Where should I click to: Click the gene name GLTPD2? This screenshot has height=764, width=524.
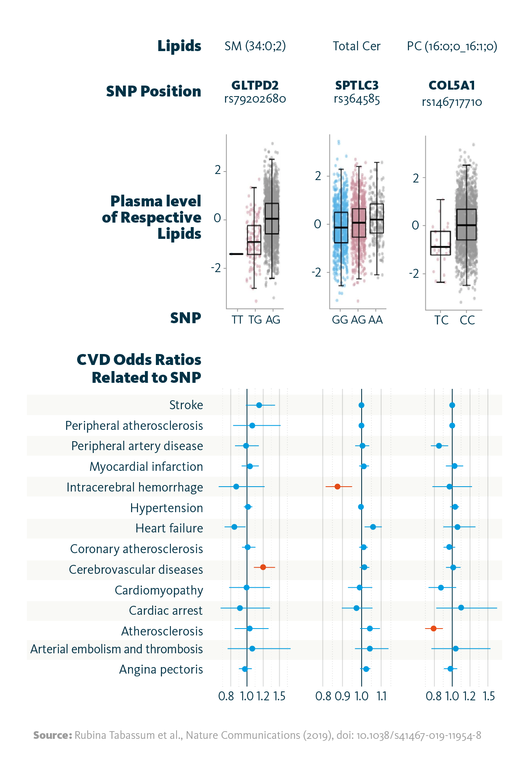(255, 86)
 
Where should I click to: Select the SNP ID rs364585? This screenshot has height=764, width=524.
(357, 99)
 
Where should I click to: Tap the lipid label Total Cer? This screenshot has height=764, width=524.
(356, 46)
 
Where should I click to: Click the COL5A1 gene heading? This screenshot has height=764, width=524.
(452, 86)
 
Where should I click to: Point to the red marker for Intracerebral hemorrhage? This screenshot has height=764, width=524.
(337, 486)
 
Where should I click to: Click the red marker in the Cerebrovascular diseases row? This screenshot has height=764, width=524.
(263, 567)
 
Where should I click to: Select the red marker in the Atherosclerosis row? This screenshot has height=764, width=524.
(433, 629)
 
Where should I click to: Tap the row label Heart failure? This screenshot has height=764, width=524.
(169, 528)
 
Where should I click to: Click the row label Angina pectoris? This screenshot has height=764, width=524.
(161, 670)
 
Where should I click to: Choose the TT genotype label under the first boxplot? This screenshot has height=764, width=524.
(237, 320)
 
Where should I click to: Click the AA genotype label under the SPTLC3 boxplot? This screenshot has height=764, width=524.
(376, 320)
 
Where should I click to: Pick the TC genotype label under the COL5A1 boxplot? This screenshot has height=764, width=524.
(441, 320)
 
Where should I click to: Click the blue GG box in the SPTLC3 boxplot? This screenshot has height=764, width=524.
(341, 227)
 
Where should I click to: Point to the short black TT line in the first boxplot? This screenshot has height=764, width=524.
(236, 254)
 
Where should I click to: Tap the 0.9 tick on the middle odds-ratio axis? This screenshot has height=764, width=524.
(343, 696)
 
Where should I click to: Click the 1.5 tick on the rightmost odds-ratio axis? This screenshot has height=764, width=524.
(489, 696)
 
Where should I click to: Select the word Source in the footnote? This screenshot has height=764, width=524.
(52, 735)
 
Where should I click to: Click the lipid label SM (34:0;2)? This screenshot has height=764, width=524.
(255, 46)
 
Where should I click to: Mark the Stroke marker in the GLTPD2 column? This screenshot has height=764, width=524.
(259, 405)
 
